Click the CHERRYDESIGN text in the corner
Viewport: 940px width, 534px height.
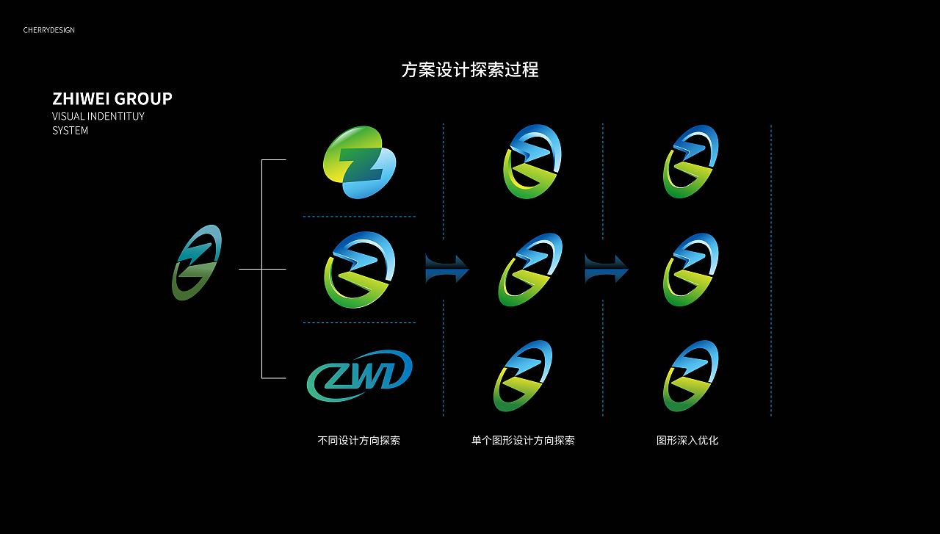pos(48,30)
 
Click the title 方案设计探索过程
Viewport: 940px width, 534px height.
pos(470,70)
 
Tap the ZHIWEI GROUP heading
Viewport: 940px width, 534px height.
pos(112,98)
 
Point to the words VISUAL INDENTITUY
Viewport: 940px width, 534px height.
pos(98,117)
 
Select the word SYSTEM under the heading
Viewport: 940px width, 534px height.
pos(70,131)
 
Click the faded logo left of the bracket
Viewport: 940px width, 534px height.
pos(197,262)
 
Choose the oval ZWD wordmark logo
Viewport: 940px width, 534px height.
pos(359,376)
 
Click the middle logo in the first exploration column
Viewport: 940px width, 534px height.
pos(359,270)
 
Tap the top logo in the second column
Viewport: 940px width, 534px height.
pos(532,162)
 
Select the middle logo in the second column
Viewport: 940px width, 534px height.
pos(531,270)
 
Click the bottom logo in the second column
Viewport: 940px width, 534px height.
pos(523,376)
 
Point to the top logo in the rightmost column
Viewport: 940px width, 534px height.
pos(690,162)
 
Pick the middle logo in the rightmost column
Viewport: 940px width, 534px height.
pos(690,270)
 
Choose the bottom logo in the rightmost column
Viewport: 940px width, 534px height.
pos(690,376)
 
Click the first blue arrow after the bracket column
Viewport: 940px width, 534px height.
pos(446,269)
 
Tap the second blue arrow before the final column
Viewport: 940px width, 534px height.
pos(606,269)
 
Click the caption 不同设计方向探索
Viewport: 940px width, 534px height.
pos(358,441)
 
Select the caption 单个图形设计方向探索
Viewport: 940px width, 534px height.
pos(523,441)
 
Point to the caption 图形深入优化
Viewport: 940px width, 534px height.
pos(687,441)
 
